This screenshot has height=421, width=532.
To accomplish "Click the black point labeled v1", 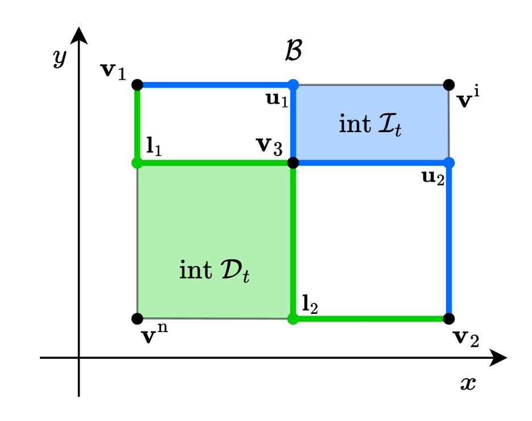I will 137,85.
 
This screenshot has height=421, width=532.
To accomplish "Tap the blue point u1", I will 293,85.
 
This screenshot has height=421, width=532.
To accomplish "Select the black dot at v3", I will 293,163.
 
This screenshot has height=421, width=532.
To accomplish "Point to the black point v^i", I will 449,85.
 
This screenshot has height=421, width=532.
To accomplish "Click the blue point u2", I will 449,163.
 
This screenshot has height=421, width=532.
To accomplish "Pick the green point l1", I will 137,163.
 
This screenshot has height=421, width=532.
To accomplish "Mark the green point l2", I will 293,318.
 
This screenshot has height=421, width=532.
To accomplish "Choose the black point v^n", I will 137,318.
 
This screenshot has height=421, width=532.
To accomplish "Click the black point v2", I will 449,318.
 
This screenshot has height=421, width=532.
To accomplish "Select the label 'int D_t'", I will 215,269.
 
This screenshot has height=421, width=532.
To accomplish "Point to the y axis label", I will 59,59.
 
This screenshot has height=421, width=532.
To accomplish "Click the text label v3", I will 268,148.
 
